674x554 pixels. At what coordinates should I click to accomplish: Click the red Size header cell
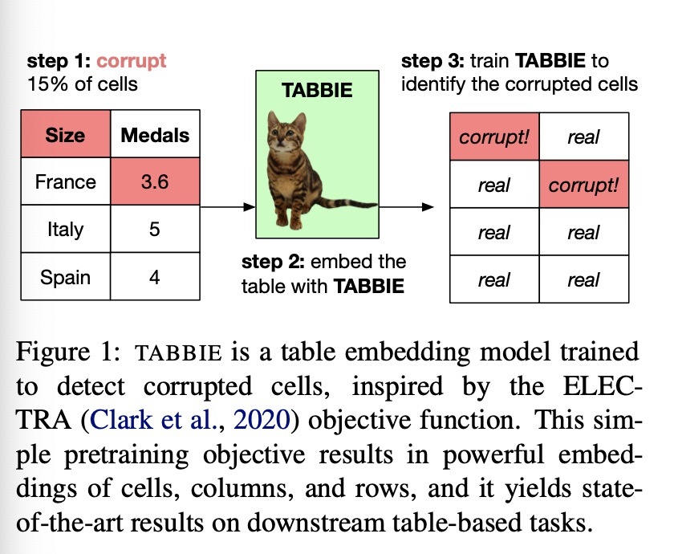click(x=66, y=134)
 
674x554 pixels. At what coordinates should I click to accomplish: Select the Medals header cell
click(x=155, y=134)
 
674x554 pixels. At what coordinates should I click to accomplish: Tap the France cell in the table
click(x=66, y=181)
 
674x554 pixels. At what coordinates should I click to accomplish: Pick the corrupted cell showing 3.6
click(x=155, y=181)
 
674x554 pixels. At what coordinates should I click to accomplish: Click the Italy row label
click(x=66, y=229)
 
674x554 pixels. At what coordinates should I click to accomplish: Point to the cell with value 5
click(x=155, y=229)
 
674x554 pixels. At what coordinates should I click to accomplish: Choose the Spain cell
click(x=66, y=276)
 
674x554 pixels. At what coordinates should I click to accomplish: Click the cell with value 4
click(x=155, y=276)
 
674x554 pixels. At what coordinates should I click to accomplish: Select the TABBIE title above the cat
click(x=317, y=90)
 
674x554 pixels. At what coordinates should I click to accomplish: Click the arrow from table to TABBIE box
click(x=228, y=207)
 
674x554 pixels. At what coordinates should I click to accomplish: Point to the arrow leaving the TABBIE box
click(x=407, y=207)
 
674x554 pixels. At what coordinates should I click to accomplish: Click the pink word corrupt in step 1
click(x=131, y=61)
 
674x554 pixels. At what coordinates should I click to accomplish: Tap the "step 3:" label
click(x=432, y=61)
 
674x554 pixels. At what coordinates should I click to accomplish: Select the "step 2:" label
click(x=273, y=262)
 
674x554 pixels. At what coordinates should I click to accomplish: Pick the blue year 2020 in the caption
click(x=262, y=419)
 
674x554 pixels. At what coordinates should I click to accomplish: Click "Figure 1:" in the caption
click(x=69, y=352)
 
